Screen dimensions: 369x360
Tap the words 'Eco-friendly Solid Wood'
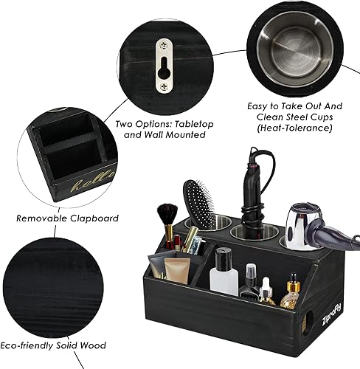pos(63,345)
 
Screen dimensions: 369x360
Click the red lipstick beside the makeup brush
pos(177,242)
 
